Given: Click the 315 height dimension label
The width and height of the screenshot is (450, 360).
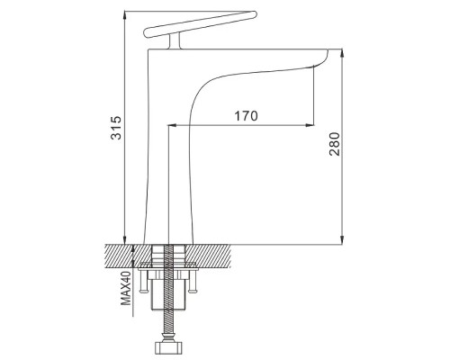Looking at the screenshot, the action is click(x=116, y=128).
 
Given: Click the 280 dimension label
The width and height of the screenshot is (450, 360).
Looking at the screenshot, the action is click(x=335, y=144).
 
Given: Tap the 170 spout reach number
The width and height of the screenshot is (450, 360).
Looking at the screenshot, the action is click(x=246, y=116).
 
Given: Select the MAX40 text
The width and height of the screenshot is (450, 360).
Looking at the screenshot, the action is click(x=126, y=288).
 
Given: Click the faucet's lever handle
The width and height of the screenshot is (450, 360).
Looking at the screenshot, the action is click(x=201, y=24).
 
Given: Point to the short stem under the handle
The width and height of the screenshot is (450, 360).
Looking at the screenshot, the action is click(x=175, y=41).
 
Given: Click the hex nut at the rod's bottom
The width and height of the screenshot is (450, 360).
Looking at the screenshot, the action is click(x=168, y=348).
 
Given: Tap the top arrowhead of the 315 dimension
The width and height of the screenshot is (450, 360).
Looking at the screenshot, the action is click(x=125, y=14).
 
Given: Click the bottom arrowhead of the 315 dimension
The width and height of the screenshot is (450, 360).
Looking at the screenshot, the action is click(x=125, y=240).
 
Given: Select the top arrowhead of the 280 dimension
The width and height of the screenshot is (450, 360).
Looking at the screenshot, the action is click(x=342, y=52).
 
